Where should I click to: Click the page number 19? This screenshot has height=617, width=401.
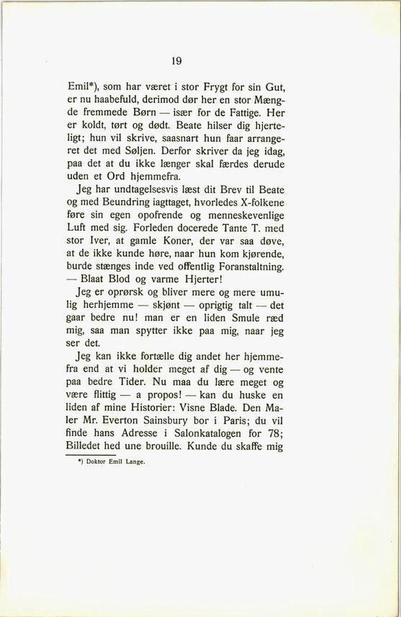tap(177, 61)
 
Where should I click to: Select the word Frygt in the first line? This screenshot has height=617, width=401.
tap(215, 87)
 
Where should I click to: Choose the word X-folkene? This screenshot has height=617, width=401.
tap(262, 203)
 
